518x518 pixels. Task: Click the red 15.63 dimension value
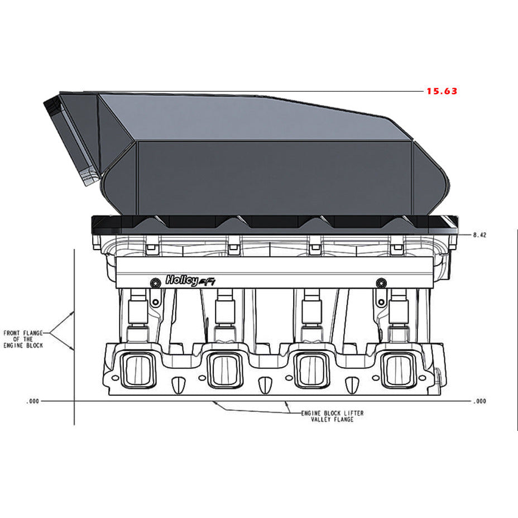tap(442, 91)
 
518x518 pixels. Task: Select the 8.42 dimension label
tap(479, 236)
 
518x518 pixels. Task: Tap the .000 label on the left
tap(33, 401)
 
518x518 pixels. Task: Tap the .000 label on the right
tap(479, 401)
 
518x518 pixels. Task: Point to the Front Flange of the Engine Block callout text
tap(23, 339)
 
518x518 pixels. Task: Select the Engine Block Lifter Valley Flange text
tap(332, 416)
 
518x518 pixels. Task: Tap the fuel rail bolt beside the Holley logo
tap(154, 282)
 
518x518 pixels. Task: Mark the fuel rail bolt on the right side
tap(381, 282)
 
